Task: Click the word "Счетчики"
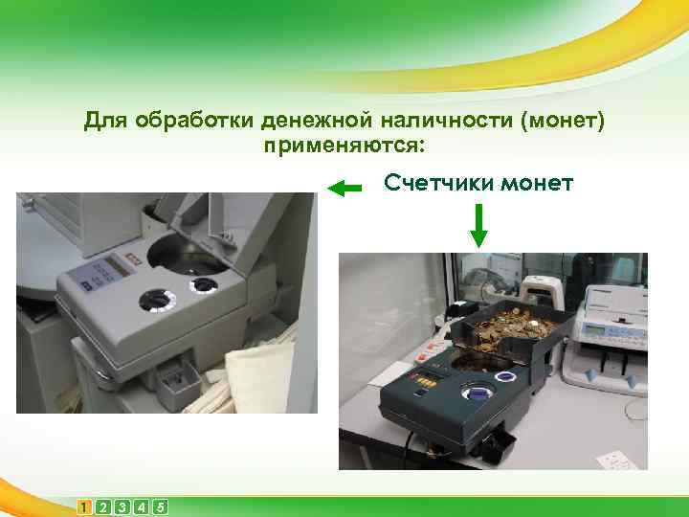click(x=434, y=181)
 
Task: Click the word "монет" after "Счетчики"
click(x=536, y=181)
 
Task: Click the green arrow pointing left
click(x=344, y=189)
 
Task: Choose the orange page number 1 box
click(x=86, y=506)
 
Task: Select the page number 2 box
click(x=103, y=506)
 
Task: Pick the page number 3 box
click(x=122, y=506)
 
